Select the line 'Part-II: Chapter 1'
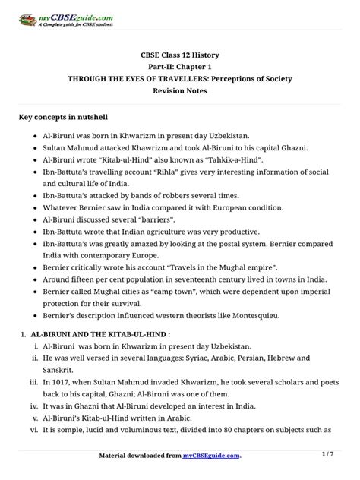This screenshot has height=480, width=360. (x=180, y=66)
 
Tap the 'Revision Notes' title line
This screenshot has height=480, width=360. (x=180, y=90)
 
